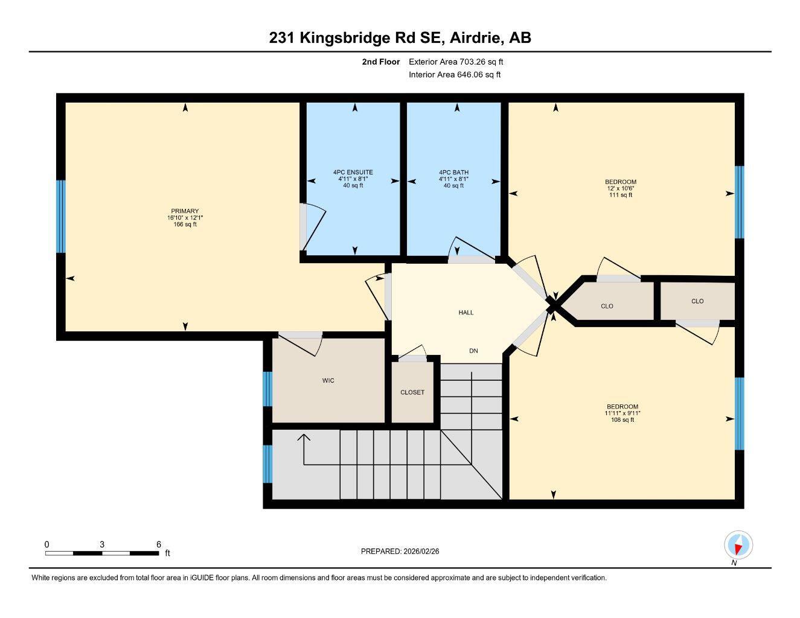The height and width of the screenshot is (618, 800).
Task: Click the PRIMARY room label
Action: point(185,211)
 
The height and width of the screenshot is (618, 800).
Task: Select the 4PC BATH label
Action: point(453,172)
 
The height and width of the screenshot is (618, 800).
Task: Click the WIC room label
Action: point(328,381)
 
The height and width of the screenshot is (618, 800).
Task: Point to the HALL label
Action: point(466,313)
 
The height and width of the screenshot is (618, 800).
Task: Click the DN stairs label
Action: point(473,351)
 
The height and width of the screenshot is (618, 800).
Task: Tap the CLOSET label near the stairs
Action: point(412,392)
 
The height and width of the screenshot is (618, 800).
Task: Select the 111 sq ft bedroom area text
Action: point(620,195)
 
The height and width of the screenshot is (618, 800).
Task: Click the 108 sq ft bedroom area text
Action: point(622,420)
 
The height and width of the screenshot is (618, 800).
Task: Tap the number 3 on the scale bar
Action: point(102,544)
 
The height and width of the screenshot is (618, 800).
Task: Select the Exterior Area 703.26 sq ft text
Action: point(456,62)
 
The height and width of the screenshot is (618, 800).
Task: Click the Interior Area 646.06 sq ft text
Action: point(455,75)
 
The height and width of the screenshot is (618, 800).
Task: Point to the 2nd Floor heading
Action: point(380,62)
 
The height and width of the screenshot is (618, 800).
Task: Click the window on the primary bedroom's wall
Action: point(60,217)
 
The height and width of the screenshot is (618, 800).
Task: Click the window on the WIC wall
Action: point(267,389)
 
